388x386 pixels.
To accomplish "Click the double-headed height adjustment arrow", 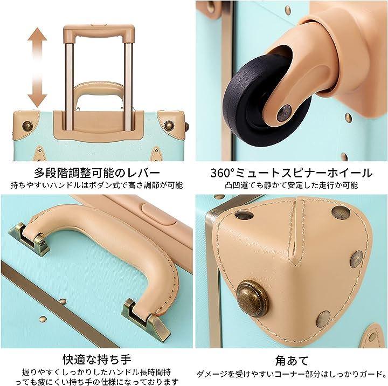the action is point(37,67).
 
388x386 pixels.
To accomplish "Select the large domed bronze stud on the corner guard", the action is point(252,299).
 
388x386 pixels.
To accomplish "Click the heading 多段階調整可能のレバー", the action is point(97,173).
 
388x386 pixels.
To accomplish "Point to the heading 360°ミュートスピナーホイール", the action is point(292,173).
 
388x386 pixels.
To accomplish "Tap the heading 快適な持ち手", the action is point(97,360).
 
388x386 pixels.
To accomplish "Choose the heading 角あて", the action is point(292,360).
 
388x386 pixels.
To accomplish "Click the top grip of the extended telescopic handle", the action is point(99,30).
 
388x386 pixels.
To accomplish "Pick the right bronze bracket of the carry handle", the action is point(146,319).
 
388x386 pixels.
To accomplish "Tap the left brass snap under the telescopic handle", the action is point(27,126).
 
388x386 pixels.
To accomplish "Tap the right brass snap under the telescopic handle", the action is point(169,126).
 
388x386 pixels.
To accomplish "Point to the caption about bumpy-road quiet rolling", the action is point(292,185).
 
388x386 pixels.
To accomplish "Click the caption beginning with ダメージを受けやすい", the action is point(292,374).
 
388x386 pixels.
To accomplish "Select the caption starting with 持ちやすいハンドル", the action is point(97,185).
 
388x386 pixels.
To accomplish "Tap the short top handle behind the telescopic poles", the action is point(99,92).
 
